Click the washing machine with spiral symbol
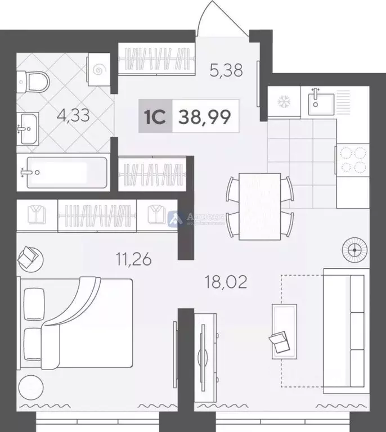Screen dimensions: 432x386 (99, 70)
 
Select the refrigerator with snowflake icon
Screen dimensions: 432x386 (284, 102)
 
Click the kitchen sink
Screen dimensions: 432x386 (318, 101)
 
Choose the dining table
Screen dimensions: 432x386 (259, 206)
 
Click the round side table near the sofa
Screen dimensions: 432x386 (354, 250)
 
